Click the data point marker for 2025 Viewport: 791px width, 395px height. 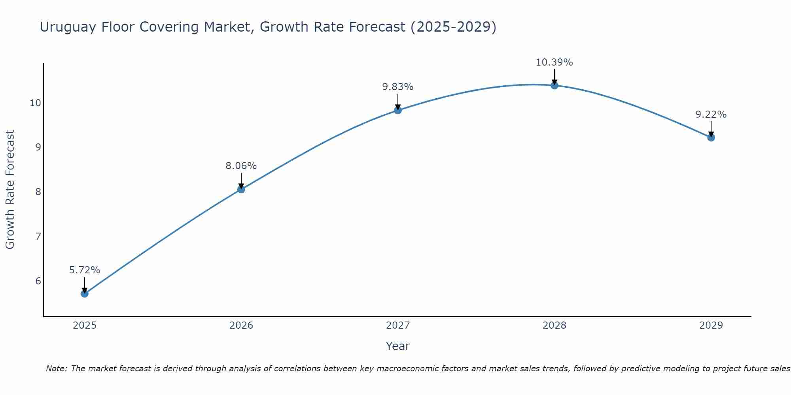click(85, 293)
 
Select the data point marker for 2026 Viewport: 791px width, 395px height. click(241, 189)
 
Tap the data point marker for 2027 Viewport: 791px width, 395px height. click(398, 110)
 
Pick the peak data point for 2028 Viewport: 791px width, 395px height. click(554, 85)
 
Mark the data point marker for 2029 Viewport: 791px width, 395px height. click(711, 137)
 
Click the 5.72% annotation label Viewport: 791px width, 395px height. click(85, 270)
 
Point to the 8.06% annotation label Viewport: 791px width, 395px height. click(241, 166)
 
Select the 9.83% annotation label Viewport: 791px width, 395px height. click(398, 87)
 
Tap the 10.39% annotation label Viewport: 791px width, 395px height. click(554, 62)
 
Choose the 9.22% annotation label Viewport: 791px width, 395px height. click(711, 115)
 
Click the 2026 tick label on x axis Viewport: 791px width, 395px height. click(241, 325)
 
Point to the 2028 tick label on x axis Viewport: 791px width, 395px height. click(554, 325)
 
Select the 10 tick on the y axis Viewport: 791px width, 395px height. click(35, 103)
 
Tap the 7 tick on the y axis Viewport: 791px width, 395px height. click(38, 237)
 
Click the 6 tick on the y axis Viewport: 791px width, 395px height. click(38, 281)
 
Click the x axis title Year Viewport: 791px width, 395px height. click(398, 346)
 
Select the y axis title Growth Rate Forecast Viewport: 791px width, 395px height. click(10, 190)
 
